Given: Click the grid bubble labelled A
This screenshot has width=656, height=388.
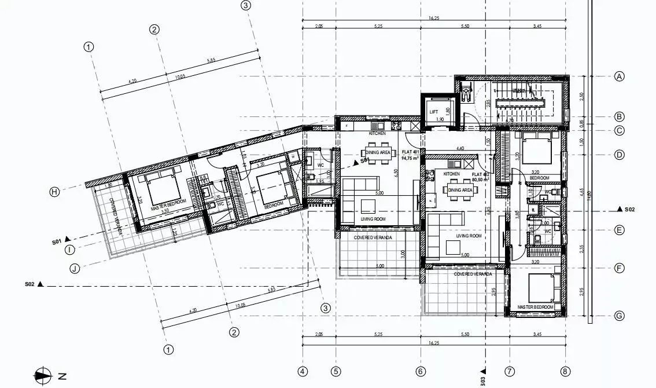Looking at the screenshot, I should [x=620, y=76].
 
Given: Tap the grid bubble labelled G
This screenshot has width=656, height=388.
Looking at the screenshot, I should [x=620, y=316].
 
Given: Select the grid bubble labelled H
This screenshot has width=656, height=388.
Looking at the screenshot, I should [x=54, y=192].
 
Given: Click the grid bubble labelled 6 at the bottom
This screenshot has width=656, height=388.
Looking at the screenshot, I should [x=421, y=371].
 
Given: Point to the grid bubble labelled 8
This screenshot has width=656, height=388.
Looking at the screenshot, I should [x=565, y=371].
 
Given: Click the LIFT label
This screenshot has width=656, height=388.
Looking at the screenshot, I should [x=434, y=112].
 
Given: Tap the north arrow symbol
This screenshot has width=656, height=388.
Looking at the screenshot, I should [x=43, y=376].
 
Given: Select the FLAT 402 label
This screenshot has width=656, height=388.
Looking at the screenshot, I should [x=481, y=174].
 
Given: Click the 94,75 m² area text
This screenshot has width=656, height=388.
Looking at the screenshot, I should [x=410, y=158].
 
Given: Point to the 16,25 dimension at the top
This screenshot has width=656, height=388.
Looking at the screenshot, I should [x=434, y=19].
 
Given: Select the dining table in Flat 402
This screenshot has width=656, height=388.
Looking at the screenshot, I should [x=460, y=189].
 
